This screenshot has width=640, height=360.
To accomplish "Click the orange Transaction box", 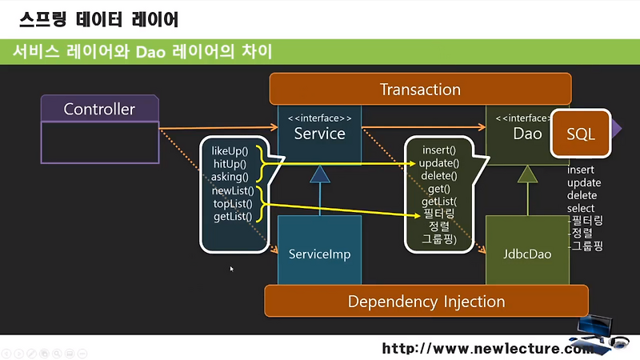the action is [x=421, y=89].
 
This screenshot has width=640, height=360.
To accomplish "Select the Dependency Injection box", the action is [x=426, y=302].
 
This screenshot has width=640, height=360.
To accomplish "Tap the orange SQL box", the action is [x=581, y=134].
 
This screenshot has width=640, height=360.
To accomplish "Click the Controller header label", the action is [x=99, y=109].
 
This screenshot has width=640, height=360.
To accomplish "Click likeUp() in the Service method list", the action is [x=230, y=151].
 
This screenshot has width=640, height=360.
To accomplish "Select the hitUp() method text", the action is [x=230, y=164].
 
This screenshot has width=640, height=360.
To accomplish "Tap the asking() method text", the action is [x=230, y=177].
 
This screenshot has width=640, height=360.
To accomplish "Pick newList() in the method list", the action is [x=233, y=190].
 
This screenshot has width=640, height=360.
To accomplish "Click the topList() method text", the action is [x=233, y=204].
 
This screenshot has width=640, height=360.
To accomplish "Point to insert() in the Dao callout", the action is [x=438, y=150].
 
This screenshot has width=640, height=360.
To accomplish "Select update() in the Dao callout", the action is [x=439, y=163].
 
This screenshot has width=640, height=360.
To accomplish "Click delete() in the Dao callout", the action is [x=439, y=176].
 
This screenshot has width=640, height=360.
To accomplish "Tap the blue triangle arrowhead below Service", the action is [x=319, y=174].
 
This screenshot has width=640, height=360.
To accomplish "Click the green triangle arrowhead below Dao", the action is [x=527, y=174].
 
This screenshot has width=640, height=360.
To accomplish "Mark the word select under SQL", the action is [x=581, y=208].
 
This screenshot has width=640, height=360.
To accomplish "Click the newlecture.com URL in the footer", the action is [x=488, y=348].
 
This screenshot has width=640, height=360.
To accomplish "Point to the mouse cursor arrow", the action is [x=231, y=269].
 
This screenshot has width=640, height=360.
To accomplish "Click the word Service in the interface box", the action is [x=319, y=134].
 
